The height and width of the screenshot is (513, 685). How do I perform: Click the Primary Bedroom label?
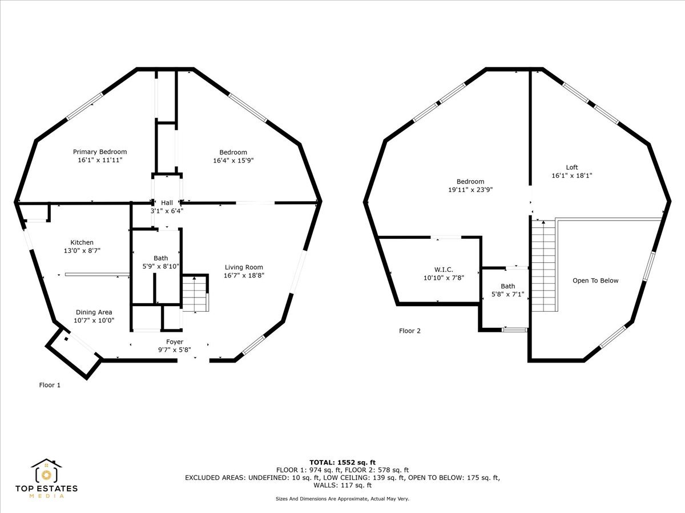(100, 152)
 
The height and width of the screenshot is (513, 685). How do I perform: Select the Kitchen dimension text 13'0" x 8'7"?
(82, 250)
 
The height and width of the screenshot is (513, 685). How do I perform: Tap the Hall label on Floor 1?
(167, 202)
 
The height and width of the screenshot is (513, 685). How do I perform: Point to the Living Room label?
(244, 267)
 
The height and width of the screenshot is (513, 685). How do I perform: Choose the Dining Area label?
(94, 312)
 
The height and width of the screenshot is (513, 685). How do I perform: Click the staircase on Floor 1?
(195, 294)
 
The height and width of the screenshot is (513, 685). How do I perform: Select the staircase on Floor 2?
(543, 265)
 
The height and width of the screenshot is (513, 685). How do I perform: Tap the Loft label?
(572, 167)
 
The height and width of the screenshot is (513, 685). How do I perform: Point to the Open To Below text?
(595, 280)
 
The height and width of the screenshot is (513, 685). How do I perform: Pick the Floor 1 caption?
(50, 385)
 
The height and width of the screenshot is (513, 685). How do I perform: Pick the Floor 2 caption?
(410, 331)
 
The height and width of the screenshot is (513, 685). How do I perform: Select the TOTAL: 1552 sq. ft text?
(342, 462)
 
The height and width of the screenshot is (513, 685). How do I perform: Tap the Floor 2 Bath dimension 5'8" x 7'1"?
(507, 295)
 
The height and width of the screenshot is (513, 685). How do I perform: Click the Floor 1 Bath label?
(160, 258)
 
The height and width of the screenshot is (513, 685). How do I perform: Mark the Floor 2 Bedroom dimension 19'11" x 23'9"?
(470, 190)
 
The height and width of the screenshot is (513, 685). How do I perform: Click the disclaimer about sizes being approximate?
(342, 499)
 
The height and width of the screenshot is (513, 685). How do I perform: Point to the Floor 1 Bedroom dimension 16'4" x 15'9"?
(233, 160)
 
